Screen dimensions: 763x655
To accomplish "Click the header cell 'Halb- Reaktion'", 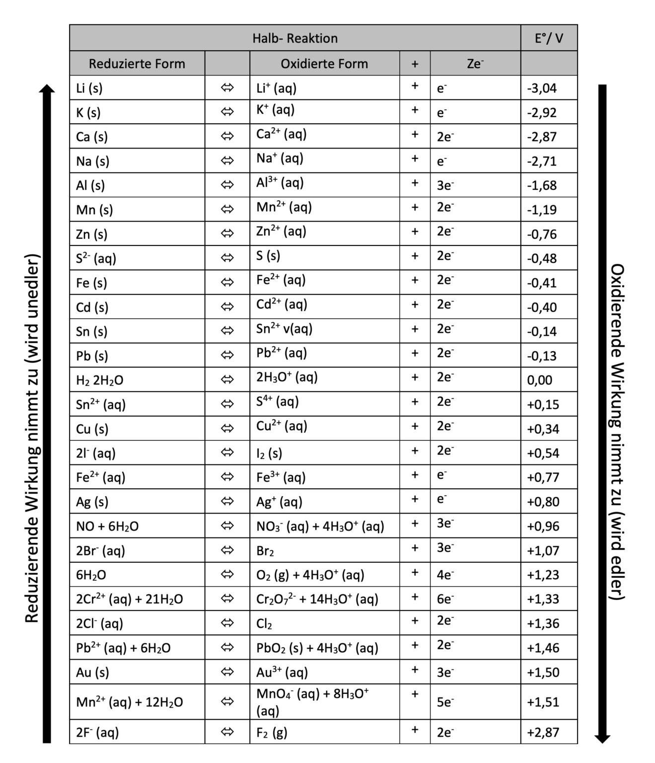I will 295,38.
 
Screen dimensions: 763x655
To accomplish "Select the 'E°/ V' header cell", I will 549,38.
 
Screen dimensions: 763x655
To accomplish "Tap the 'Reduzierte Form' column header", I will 137,64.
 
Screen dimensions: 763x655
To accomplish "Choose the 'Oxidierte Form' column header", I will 324,64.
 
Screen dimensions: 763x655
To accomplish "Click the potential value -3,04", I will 542,88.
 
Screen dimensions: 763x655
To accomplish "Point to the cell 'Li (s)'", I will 89,88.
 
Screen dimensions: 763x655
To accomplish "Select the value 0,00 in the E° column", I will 539,380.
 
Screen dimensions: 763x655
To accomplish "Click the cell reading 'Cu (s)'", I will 92,429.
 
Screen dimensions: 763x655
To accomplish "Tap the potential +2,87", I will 543,732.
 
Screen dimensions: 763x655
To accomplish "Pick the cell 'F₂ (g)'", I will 272,732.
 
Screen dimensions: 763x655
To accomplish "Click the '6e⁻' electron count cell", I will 445,599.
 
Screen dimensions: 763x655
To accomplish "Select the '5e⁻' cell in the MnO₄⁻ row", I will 445,702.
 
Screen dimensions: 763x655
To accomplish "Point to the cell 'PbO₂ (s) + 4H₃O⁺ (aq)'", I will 317,648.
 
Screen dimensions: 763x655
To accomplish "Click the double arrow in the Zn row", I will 227,234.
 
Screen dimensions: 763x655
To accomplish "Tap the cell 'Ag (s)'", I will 92,502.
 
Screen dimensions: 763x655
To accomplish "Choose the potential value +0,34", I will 543,429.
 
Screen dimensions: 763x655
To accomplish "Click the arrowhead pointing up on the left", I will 47,89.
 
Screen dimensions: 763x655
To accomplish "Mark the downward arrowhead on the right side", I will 602,738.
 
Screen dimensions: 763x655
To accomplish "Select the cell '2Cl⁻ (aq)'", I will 99,623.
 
